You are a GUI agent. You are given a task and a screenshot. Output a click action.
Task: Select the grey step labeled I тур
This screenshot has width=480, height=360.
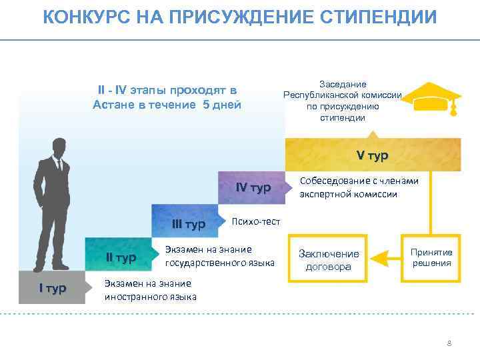click(x=52, y=288)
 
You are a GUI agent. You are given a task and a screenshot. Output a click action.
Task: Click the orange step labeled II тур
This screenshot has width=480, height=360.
click(x=121, y=257)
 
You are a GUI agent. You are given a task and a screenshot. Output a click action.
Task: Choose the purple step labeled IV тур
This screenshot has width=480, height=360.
click(x=253, y=189)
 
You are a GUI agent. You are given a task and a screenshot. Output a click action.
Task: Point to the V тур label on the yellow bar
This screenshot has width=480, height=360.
click(x=372, y=155)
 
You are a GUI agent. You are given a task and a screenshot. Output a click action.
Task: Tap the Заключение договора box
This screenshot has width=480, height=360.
click(x=328, y=261)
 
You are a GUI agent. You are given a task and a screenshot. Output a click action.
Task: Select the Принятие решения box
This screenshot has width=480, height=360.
click(x=431, y=257)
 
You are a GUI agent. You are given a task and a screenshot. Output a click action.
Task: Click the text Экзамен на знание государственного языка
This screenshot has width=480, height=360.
click(x=219, y=256)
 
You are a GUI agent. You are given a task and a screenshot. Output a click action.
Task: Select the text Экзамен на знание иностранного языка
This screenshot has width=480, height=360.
click(x=151, y=290)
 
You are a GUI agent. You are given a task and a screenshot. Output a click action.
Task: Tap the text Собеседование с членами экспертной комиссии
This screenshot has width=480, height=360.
click(x=359, y=187)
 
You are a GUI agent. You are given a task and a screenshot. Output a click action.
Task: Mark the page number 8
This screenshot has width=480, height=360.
click(x=449, y=343)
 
